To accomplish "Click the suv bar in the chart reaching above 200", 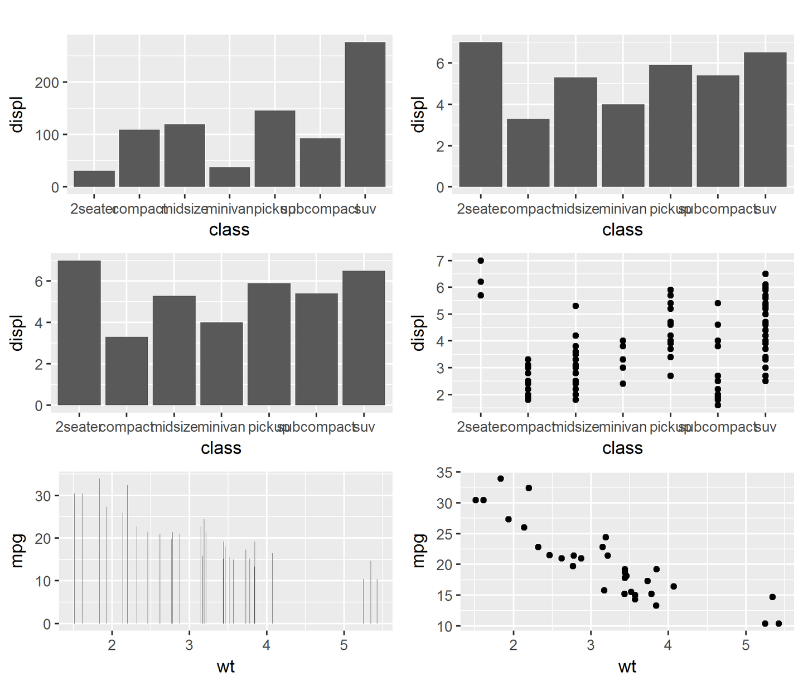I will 365,114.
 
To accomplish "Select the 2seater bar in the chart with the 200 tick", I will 94,178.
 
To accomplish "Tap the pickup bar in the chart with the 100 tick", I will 275,148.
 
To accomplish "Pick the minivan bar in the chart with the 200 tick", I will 230,177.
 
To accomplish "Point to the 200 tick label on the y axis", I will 47,83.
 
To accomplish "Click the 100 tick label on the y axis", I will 47,135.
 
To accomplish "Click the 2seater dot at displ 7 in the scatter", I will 481,260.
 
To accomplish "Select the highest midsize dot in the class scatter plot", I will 575,306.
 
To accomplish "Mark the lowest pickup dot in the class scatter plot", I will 670,376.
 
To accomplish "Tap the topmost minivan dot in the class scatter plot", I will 623,341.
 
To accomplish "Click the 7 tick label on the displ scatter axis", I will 441,260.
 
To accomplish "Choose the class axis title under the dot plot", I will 622,448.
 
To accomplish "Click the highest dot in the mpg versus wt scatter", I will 500,479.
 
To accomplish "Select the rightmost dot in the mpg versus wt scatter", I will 778,624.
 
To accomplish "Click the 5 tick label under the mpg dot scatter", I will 746,645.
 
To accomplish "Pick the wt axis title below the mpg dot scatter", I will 627,666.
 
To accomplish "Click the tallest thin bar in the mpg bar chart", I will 99,551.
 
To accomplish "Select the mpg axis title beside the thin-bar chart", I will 17,550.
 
